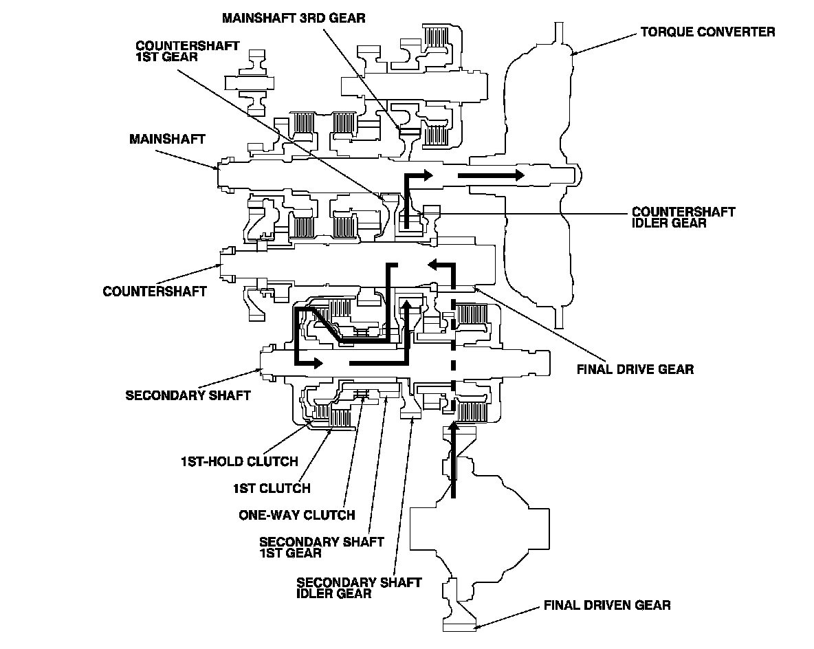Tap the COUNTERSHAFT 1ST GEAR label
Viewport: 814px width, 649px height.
pos(187,51)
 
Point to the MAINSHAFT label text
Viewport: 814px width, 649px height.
pos(167,139)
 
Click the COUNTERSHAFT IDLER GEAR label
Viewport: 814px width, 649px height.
pos(683,217)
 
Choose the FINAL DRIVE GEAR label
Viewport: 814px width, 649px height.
pos(635,369)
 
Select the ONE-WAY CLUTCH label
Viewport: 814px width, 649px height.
pos(296,515)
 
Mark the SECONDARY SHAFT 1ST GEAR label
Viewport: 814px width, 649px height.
pos(321,548)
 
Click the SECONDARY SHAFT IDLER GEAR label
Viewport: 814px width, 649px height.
pos(358,588)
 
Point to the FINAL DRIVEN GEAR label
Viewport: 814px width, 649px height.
pos(607,606)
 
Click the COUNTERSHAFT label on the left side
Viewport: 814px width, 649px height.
pos(155,291)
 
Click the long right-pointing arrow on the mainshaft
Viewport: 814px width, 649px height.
pos(491,175)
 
